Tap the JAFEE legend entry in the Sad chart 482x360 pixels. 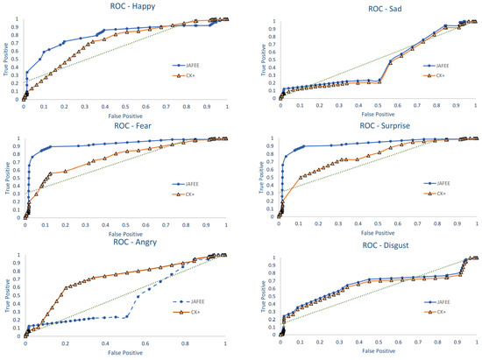click(441, 64)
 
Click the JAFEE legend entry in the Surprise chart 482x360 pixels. click(442, 183)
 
